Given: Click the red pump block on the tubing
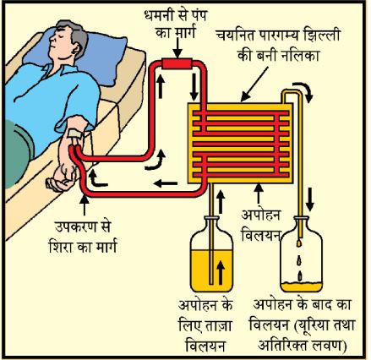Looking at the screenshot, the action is (x=177, y=63).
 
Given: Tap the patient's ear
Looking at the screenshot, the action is (x=74, y=49).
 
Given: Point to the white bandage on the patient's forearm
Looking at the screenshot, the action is (x=75, y=133).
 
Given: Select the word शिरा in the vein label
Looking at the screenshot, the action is (x=61, y=248).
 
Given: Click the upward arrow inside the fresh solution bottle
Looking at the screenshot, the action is (x=221, y=272).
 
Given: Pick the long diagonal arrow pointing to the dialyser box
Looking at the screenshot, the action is (x=254, y=84).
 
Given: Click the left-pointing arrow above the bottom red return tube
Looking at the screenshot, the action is (x=166, y=183).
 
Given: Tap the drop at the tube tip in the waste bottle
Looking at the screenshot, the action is (x=299, y=243).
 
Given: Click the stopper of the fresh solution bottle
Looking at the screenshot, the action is (x=211, y=217).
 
